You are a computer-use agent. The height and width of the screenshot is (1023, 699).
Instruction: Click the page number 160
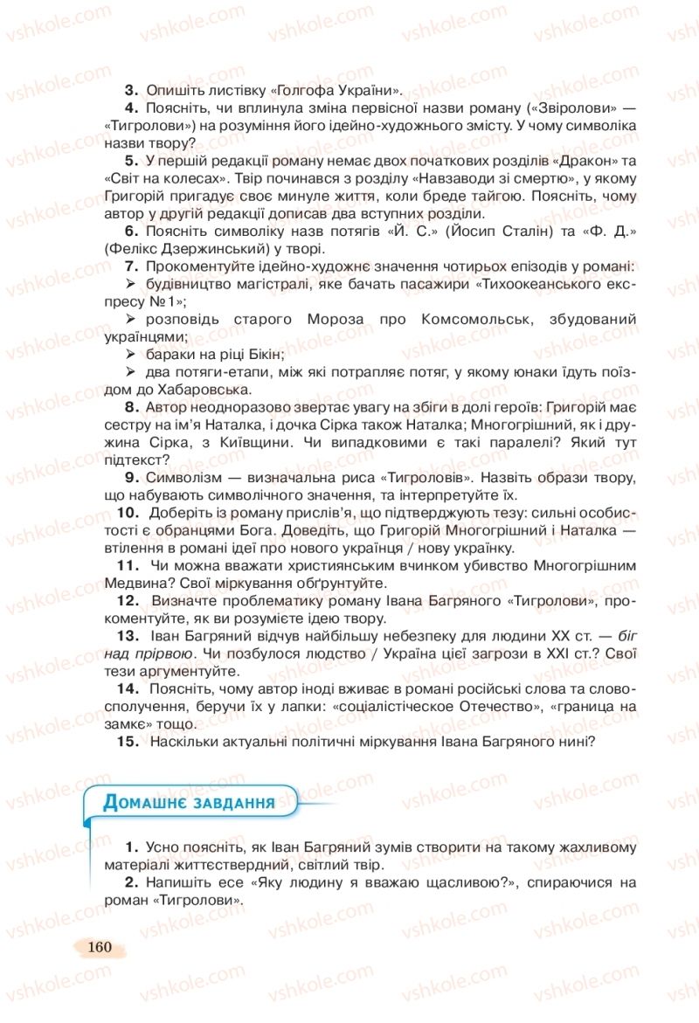[100, 947]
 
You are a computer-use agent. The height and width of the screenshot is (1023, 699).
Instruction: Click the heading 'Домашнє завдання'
[189, 802]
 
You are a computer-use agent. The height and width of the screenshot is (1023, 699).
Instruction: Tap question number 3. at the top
[132, 90]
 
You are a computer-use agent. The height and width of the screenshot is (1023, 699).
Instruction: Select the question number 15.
[128, 742]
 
